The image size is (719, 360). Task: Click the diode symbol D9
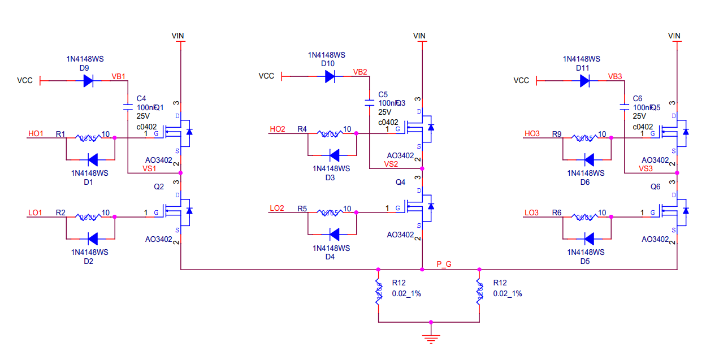[88, 81]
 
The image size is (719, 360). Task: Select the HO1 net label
[36, 134]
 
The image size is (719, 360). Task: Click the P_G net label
[444, 264]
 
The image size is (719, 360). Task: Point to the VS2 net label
[391, 164]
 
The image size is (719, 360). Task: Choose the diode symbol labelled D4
[334, 233]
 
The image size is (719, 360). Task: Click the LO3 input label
[531, 212]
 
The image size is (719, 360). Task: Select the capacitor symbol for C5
[369, 103]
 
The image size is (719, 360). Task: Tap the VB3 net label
[615, 76]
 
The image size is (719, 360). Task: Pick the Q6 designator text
[656, 186]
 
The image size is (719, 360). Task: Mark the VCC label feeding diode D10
[266, 76]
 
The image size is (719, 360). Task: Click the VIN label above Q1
[177, 36]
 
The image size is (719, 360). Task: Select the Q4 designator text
[401, 182]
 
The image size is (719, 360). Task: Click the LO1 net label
[35, 212]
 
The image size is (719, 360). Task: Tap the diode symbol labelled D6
[588, 159]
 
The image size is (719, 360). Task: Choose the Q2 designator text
[159, 186]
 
